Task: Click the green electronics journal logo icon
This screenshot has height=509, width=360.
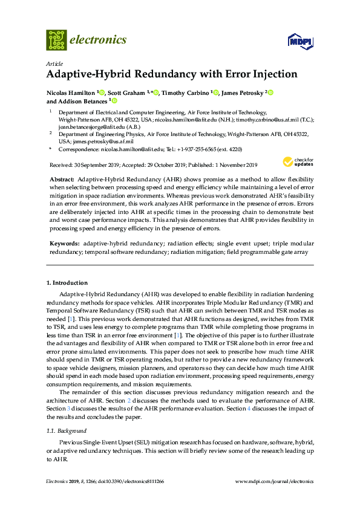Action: pos(56,39)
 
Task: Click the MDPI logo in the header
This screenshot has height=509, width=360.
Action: pos(299,41)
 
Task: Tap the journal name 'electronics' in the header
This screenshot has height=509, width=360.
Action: pos(99,40)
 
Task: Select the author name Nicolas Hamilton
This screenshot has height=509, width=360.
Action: pos(71,92)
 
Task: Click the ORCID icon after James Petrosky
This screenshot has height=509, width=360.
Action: pos(270,92)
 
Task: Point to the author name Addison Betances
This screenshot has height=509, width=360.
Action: pos(83,102)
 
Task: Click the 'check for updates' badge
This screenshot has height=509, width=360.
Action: pos(298,161)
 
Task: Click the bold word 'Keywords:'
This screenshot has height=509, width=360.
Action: pos(64,242)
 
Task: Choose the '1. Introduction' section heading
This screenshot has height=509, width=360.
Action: pos(67,283)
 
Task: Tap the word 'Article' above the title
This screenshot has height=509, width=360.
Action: pos(54,63)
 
